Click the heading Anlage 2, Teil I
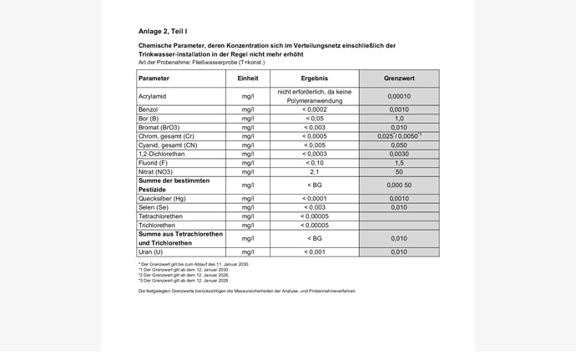point(163,31)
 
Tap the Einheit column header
point(248,78)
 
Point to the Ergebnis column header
point(314,78)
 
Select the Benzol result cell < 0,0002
point(314,109)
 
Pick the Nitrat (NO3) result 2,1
point(314,171)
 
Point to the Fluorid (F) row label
point(155,163)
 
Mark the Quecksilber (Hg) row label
point(162,198)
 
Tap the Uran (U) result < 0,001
point(314,251)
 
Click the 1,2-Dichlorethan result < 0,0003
point(314,154)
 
